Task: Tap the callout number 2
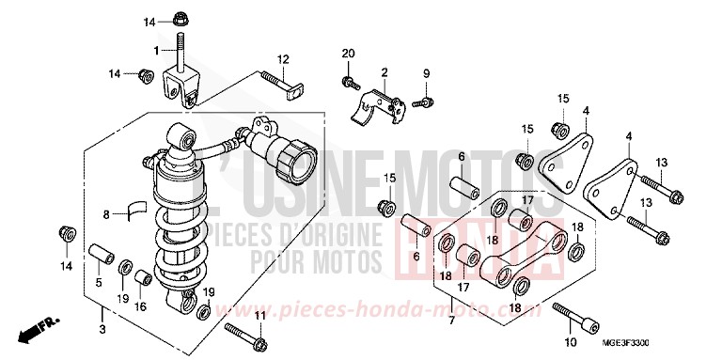pos(385,72)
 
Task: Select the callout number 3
pos(102,329)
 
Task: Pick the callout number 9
pos(425,73)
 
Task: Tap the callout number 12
pos(281,59)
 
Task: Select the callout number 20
pos(348,52)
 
